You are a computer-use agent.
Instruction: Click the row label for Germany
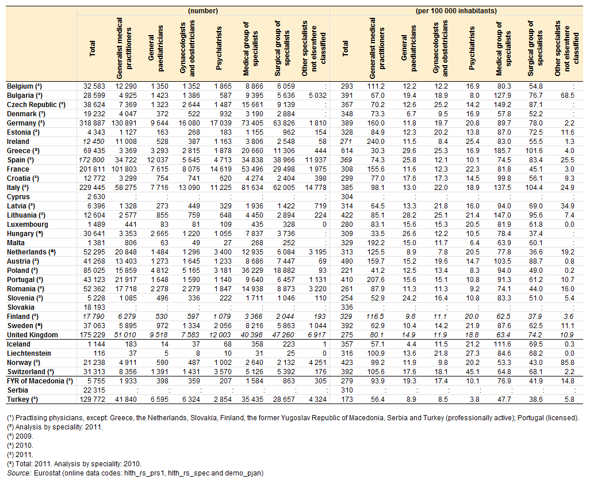[25, 123]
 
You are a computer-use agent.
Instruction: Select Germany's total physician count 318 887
[92, 123]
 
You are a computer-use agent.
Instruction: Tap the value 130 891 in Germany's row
[124, 123]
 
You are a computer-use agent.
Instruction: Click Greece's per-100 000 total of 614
[347, 151]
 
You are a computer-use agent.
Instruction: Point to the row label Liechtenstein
[29, 353]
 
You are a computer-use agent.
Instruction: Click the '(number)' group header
[203, 10]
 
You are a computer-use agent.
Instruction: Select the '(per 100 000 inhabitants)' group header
[456, 10]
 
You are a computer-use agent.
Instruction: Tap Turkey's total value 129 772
[92, 400]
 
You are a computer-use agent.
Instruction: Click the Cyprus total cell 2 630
[97, 197]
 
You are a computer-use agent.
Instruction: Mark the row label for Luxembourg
[28, 225]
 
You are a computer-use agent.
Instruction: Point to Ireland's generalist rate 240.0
[376, 142]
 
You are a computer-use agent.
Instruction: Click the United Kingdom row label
[32, 335]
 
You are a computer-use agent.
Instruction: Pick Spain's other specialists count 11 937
[315, 160]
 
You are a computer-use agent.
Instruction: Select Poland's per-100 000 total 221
[347, 271]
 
